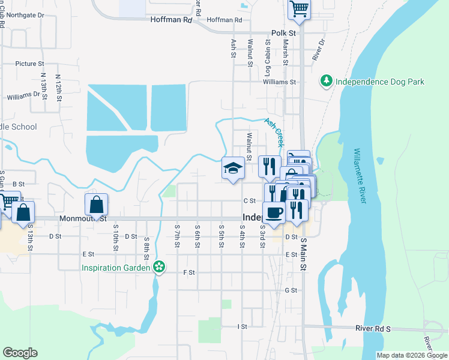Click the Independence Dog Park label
coord(379,82)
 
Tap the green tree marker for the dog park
coord(326,81)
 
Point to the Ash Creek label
coord(273,132)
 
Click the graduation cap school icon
coord(233,168)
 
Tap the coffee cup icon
coord(274,212)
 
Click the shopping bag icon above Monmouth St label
coord(97,205)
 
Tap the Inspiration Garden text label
coord(116,266)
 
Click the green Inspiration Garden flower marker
coord(159,266)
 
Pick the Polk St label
coord(283,32)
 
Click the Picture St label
coord(30,64)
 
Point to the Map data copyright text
coord(412,356)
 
